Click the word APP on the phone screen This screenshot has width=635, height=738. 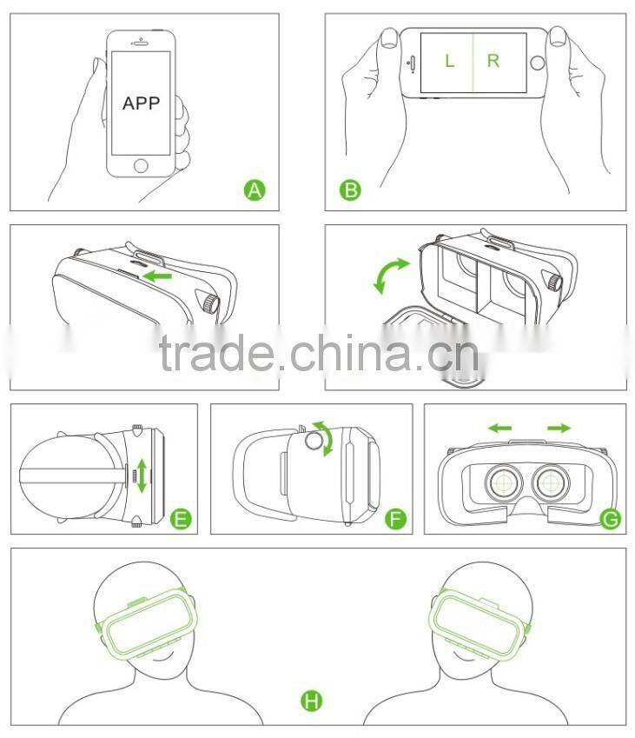coord(141,103)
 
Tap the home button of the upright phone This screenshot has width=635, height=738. coord(141,163)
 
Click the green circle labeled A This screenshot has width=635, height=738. coord(254,189)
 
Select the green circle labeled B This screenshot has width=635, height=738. coord(350,189)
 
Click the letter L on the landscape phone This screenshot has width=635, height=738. coord(449,61)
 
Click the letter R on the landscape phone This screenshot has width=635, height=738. coord(493,61)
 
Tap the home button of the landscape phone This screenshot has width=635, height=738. coord(539,62)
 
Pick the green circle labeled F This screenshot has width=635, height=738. coord(395,519)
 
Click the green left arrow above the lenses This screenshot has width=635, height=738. coord(499,428)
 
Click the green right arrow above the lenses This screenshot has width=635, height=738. coord(559,428)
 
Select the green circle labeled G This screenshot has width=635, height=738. coord(611,519)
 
